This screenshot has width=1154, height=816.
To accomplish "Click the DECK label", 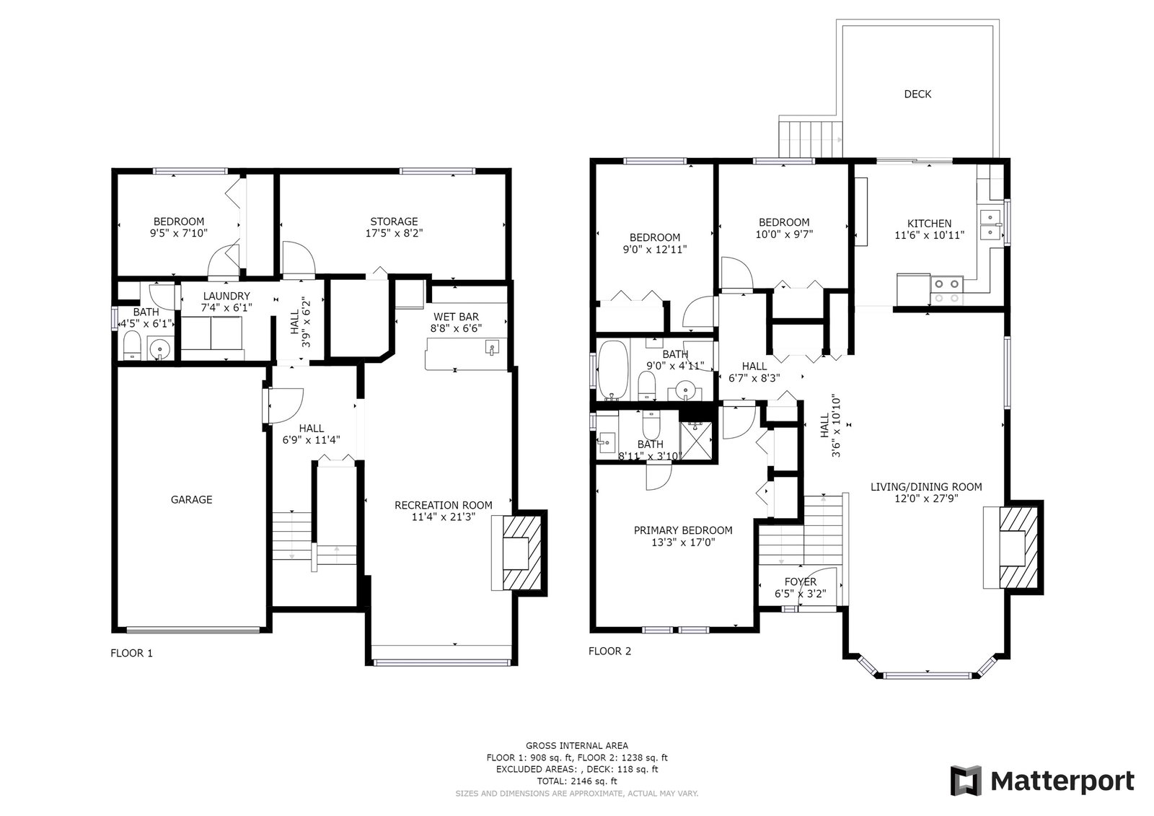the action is pos(917,94).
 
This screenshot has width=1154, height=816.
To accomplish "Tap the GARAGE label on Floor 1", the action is pos(191,499).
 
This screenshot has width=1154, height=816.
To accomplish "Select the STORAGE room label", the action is pos(394,221).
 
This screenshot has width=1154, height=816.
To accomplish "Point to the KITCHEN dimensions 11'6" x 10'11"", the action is pos(930,235).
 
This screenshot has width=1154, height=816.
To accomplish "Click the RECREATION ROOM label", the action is pos(444,505).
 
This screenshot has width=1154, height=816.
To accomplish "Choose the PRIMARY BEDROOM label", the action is pos(683,530).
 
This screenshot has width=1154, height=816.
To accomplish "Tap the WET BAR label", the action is pos(456,317).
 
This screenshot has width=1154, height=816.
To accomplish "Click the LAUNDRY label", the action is pos(226,296).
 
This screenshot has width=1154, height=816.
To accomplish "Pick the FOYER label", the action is pos(800,582).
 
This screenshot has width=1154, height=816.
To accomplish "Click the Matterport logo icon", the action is pos(966,781).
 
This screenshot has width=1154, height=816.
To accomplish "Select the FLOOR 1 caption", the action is pos(131,653).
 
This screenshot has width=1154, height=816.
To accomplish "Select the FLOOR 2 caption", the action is pos(609,651).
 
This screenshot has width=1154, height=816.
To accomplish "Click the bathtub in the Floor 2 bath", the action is pos(614,370).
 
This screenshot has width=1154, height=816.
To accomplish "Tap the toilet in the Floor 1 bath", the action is pos(133,345).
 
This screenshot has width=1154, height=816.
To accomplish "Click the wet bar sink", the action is pos(492,348).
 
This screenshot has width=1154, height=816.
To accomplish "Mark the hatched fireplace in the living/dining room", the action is pos(1018,548).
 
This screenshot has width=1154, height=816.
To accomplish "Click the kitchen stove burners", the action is pos(947,291).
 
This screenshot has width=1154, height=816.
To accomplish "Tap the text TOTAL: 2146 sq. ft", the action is pos(577,781).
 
